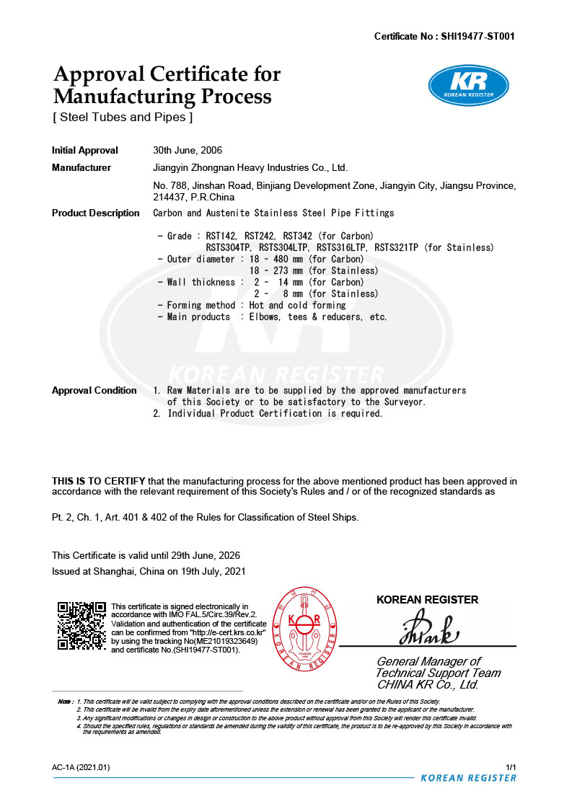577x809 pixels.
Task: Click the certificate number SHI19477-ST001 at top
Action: pos(477,36)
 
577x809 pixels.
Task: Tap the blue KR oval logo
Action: pos(468,84)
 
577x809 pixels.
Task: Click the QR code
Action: pos(82,625)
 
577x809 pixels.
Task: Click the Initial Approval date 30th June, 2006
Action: pos(188,151)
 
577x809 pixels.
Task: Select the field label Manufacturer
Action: pos(82,168)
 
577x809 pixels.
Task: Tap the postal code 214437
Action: pos(170,197)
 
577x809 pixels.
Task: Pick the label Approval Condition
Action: pos(94,390)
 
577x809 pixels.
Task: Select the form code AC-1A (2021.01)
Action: pos(81,767)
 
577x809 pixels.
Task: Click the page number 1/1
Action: pos(511,767)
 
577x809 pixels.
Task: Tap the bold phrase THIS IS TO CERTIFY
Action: pos(99,481)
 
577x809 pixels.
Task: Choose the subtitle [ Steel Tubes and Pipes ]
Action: pos(123,117)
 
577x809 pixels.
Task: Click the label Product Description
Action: pos(96,213)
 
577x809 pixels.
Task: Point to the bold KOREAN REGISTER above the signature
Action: pos(427,599)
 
